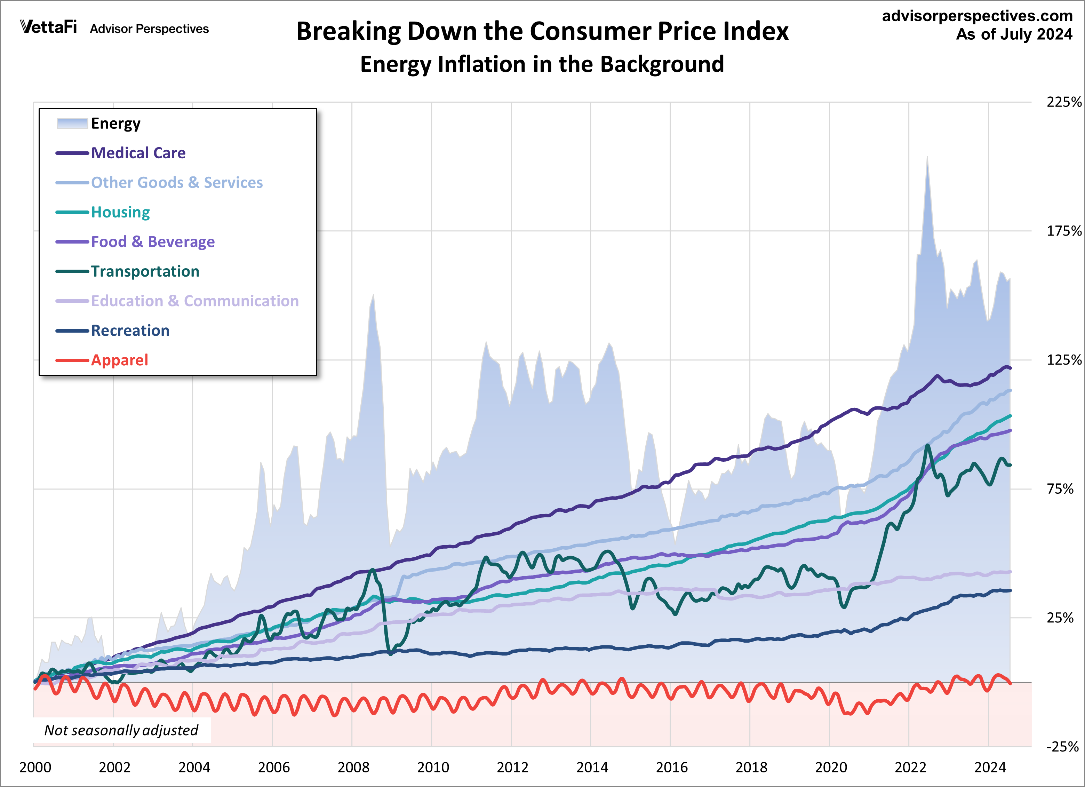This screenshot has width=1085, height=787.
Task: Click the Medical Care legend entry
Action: (138, 153)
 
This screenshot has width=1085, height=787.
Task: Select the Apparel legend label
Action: (120, 360)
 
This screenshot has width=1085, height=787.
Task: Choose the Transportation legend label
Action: (145, 272)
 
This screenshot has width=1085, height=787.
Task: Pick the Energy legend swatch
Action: (72, 124)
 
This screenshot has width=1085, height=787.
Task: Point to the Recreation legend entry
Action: (130, 331)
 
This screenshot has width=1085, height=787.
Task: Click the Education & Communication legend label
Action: (195, 301)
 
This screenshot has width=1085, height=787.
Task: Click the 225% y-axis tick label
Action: (1063, 102)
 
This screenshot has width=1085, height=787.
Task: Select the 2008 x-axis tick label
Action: (353, 768)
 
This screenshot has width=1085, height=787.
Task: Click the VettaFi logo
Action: (48, 27)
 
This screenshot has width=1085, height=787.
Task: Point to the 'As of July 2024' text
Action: (1014, 34)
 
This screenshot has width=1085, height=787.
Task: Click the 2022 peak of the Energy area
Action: (927, 157)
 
